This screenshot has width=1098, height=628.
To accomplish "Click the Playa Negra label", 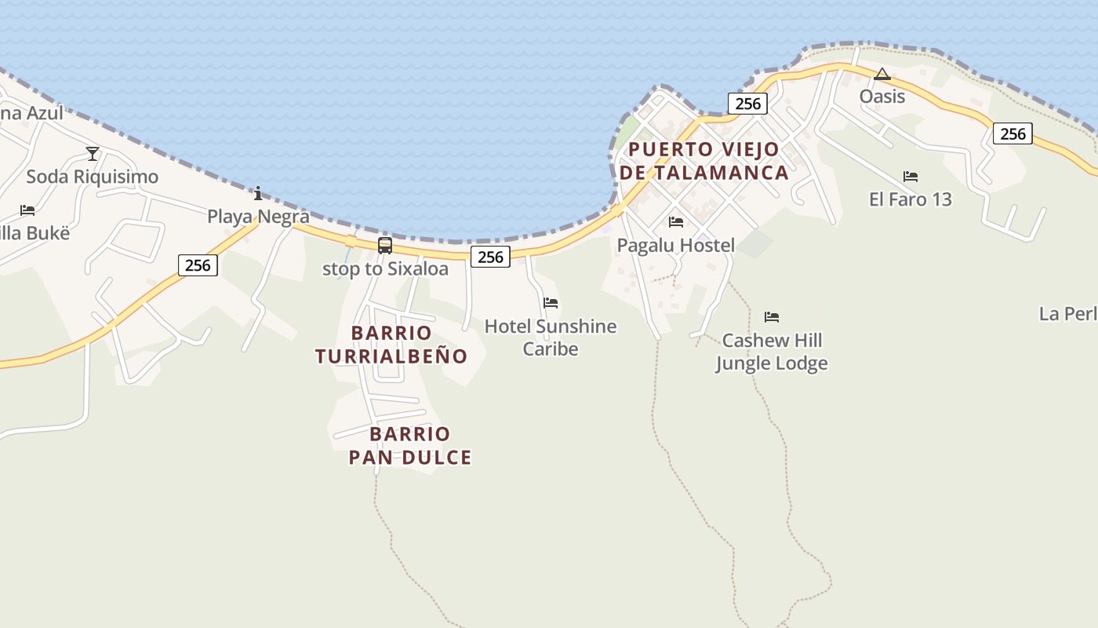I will tap(258, 216).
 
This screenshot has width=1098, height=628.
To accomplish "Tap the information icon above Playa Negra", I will tap(258, 193).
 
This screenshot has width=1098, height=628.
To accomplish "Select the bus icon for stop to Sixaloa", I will tap(385, 245).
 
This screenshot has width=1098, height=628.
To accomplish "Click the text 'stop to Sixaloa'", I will tap(385, 268).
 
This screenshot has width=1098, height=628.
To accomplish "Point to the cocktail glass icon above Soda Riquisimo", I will tap(93, 153).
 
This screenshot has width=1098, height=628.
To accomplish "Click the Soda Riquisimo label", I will tap(93, 177).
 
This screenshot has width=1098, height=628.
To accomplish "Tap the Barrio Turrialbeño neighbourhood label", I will tap(391, 345).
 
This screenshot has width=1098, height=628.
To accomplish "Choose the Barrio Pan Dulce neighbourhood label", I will tap(410, 446).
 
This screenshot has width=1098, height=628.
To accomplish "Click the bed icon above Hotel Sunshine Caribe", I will tap(551, 303).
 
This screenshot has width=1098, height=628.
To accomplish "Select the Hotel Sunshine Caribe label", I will tap(551, 338).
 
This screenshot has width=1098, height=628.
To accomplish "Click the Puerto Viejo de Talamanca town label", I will tap(704, 161).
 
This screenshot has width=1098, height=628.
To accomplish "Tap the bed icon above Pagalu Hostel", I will tap(676, 222).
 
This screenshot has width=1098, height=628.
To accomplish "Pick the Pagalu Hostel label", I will tap(676, 246).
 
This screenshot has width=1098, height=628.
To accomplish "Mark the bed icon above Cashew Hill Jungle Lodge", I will tap(772, 317).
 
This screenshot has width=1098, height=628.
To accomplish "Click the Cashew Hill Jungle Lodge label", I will tap(772, 352).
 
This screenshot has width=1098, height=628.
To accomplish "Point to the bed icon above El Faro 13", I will tap(911, 176).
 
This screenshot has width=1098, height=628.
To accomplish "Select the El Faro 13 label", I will tap(911, 199).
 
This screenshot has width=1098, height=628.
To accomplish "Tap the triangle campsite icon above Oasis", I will tap(882, 75).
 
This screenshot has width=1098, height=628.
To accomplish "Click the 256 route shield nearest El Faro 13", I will tap(1013, 133).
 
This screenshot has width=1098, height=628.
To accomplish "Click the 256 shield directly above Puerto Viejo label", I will tap(748, 104).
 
